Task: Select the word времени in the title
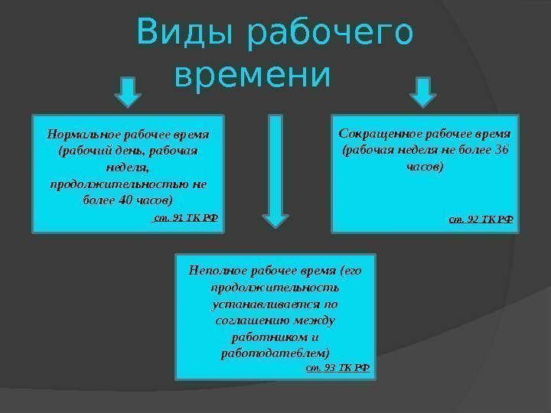pyautogui.click(x=253, y=76)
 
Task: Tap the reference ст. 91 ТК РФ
pyautogui.click(x=186, y=217)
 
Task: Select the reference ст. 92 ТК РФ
pyautogui.click(x=481, y=220)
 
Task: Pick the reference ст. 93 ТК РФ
pyautogui.click(x=337, y=367)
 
